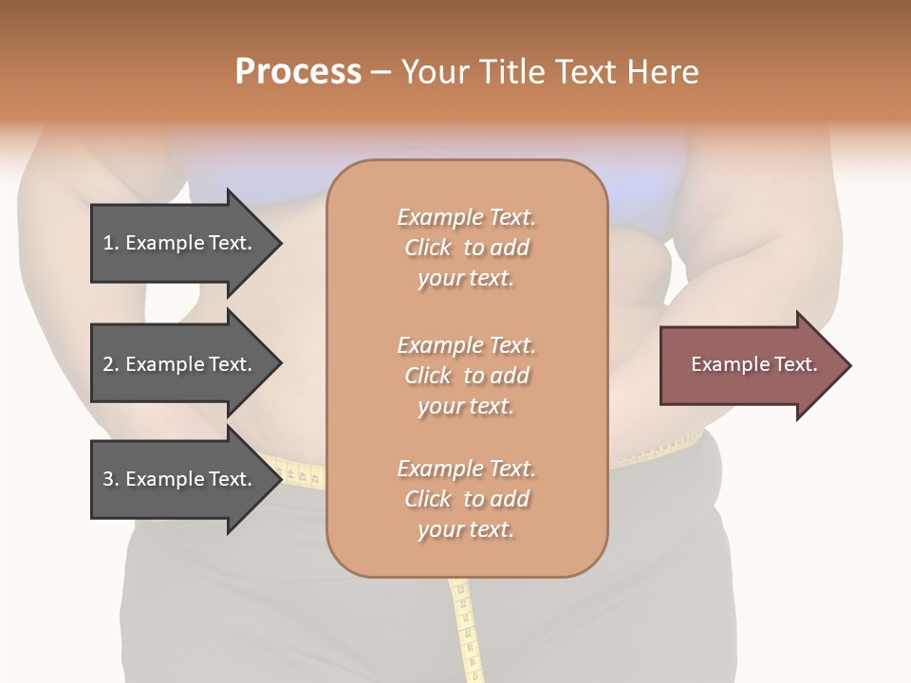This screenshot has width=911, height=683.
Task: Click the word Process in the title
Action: pos(298,72)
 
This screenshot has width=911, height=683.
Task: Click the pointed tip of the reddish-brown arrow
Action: pos(848,365)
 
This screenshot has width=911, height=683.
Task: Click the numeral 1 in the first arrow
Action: pos(108,243)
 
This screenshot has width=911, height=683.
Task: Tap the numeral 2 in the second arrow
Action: pos(108,364)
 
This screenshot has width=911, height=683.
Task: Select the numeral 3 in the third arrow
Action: pos(108,479)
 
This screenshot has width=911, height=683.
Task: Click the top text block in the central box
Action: pos(466,248)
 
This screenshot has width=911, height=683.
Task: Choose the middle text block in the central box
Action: pos(466,376)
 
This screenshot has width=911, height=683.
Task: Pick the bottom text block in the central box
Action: pos(466,499)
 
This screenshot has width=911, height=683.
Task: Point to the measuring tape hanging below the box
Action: pos(464,626)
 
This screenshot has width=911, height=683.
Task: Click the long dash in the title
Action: pos(381,72)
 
